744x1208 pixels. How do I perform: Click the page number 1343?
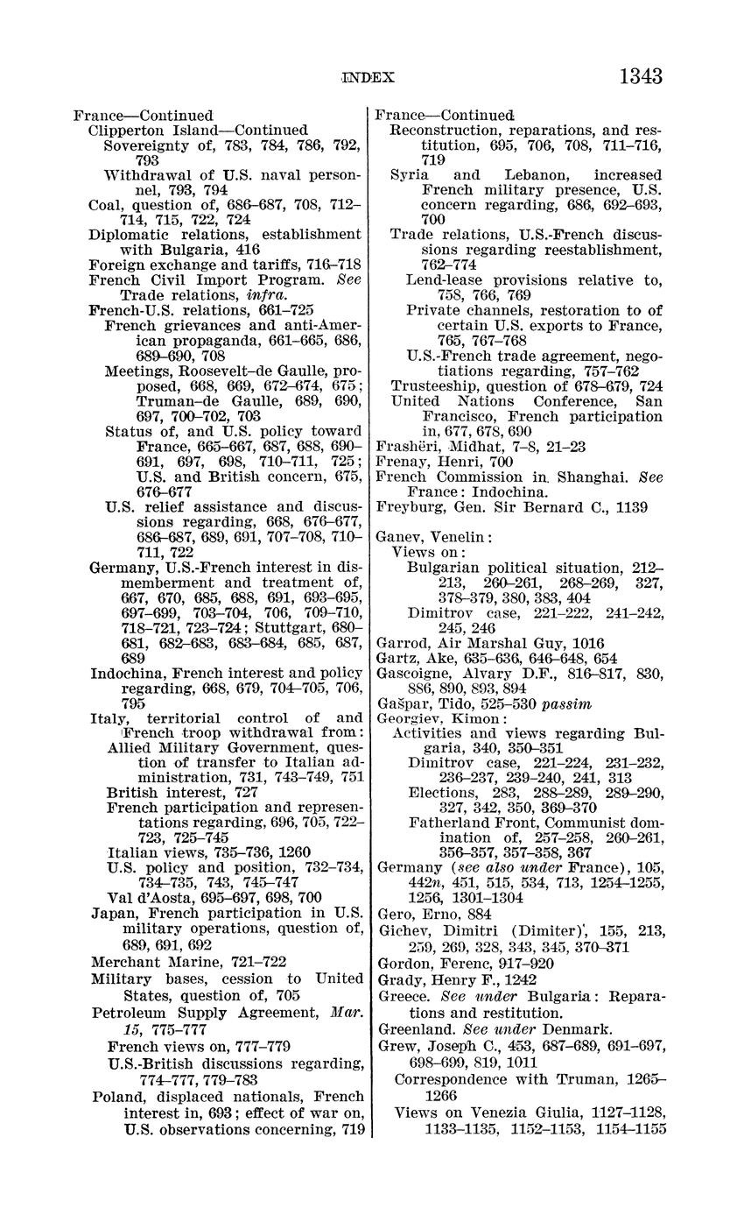click(640, 76)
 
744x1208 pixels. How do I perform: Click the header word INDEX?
click(368, 78)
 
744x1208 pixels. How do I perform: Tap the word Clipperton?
click(123, 131)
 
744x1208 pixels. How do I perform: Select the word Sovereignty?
click(144, 145)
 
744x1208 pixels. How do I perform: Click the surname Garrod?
click(398, 643)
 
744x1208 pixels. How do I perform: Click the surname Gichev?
click(400, 932)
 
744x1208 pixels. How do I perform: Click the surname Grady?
click(398, 979)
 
